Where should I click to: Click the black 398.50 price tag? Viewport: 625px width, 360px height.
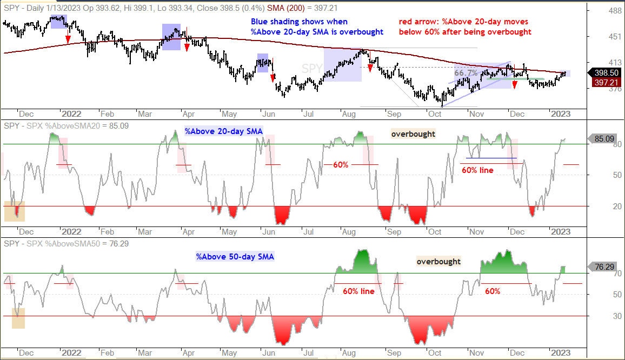pos(606,72)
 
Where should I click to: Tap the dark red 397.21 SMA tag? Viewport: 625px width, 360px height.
pos(606,83)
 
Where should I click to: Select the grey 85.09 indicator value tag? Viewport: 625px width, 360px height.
pos(604,139)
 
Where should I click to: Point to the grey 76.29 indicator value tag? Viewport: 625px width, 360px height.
pos(604,266)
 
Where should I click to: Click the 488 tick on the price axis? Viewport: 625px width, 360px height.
pos(615,11)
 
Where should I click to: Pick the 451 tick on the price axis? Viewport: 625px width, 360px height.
pos(615,37)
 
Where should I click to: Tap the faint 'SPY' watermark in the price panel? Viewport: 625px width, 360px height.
pos(312,69)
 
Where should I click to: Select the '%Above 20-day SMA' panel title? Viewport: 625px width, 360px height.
pos(224,131)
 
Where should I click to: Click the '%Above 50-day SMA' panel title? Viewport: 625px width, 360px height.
pos(235,257)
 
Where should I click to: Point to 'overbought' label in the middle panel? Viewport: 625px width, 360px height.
pos(413,134)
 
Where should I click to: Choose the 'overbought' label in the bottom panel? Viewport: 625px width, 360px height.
pos(438,262)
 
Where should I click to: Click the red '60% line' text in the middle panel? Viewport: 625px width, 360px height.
pos(477,170)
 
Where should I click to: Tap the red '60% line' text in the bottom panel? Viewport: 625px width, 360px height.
pos(359,291)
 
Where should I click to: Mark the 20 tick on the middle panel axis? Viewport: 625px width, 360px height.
pos(617,206)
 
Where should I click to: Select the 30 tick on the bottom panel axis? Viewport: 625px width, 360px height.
pos(617,316)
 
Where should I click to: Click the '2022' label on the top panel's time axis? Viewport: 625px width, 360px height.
pos(71,114)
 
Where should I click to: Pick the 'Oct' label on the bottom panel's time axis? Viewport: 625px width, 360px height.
pos(435,353)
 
